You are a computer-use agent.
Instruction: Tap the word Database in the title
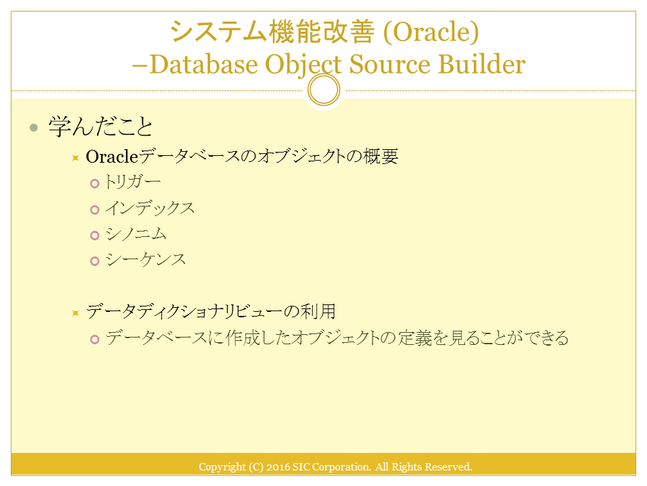point(204,64)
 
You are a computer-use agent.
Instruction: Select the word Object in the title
point(303,65)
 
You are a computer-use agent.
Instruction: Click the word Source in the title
point(389,65)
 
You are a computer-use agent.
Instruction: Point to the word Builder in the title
point(481,64)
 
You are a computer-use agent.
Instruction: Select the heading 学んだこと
point(100,126)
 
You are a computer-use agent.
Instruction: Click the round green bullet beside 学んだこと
point(34,128)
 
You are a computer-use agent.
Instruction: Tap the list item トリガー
point(133,182)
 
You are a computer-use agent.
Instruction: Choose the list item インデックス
point(150,209)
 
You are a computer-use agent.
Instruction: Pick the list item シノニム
point(135,234)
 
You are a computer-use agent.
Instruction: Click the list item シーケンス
point(146,260)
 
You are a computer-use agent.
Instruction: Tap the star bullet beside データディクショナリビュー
point(75,313)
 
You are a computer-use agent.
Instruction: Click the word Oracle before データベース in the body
point(112,157)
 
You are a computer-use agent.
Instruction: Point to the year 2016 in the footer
point(278,467)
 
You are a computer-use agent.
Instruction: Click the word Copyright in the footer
point(222,467)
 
